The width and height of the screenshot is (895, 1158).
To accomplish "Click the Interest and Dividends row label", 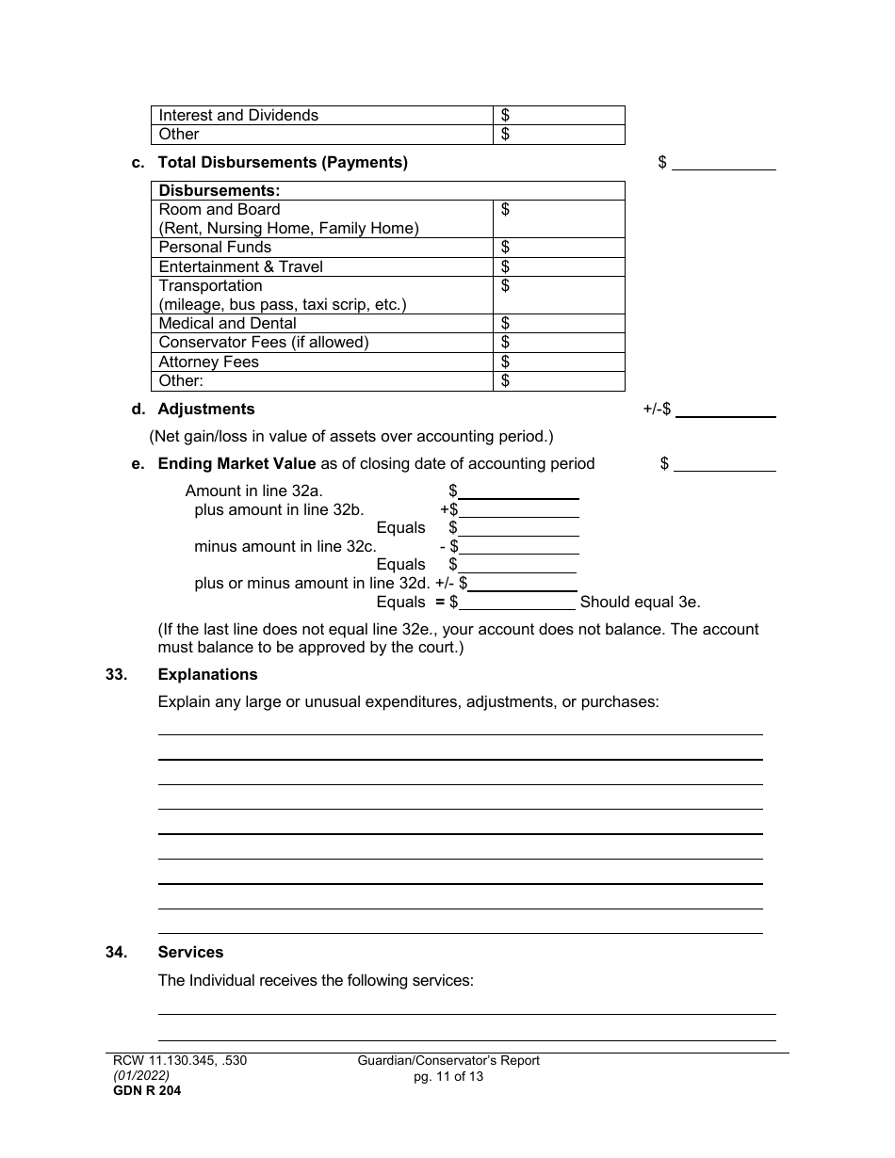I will click(238, 115).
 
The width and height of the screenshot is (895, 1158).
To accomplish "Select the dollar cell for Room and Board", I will click(559, 218).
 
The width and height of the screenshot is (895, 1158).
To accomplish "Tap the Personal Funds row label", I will click(215, 248).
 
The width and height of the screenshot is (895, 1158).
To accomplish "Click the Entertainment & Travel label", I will click(240, 266).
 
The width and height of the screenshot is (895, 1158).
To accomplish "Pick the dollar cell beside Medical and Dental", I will click(559, 324).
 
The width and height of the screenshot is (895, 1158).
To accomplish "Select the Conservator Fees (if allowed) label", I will click(264, 343).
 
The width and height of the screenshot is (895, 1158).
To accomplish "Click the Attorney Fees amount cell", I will click(559, 362).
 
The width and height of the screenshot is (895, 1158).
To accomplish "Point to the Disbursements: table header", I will click(220, 190).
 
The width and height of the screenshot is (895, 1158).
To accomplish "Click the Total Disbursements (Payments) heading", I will click(283, 162).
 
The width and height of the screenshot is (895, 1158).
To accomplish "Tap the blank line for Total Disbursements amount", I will click(724, 163).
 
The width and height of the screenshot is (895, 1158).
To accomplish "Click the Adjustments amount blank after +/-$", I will click(725, 410).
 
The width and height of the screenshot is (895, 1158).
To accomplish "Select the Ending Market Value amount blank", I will click(724, 463).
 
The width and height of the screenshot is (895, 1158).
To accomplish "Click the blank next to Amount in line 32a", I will click(518, 491).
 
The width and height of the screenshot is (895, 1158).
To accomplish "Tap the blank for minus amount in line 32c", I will click(519, 546).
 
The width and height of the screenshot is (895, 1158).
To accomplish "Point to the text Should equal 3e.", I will click(640, 603).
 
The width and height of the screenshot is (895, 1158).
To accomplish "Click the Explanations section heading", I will click(207, 674).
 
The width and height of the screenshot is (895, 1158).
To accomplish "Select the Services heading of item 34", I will click(190, 953).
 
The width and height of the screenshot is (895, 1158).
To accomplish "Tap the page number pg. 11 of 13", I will click(448, 1076).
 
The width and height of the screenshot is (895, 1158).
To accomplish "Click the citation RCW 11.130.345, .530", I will click(179, 1061).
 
